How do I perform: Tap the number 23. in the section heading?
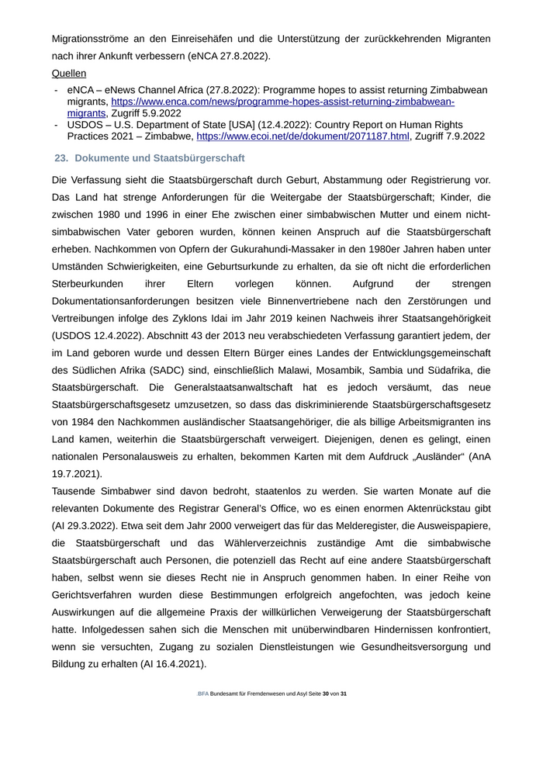61,158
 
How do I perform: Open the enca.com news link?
282,102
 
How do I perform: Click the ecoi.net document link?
303,136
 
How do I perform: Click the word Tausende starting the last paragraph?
77,491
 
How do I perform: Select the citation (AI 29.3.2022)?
92,525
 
